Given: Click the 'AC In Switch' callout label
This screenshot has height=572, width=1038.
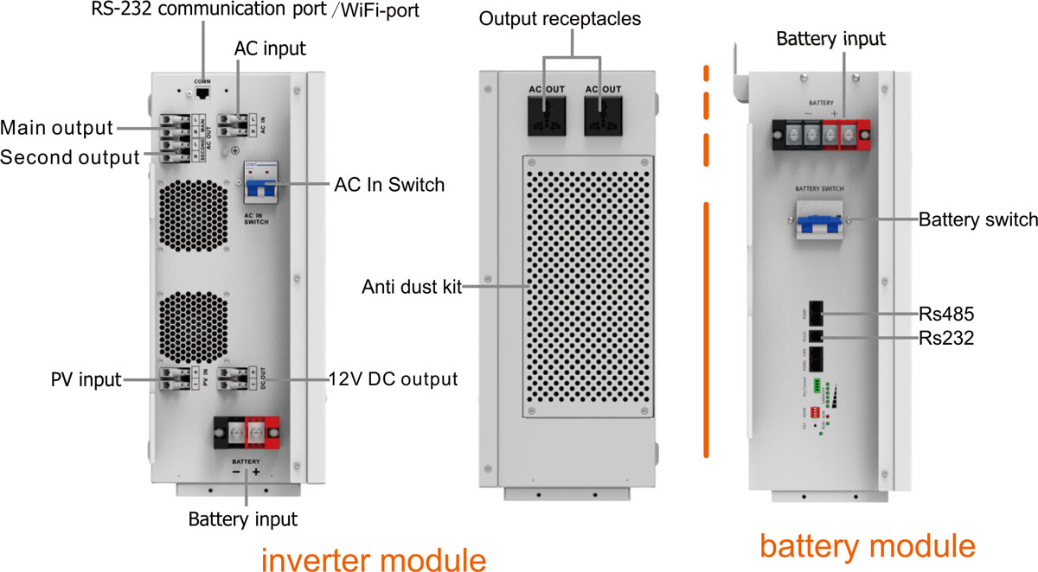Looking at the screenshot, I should pos(389,185).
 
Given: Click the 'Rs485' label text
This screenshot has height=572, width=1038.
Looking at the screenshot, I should pos(946,313).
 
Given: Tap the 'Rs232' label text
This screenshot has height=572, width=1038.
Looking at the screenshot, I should pos(946,339).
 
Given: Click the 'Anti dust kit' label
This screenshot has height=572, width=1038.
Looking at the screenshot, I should pos(411,287).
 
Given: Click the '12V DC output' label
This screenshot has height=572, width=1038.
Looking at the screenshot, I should pos(394,378).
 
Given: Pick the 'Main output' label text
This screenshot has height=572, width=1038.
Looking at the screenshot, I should pos(57,129).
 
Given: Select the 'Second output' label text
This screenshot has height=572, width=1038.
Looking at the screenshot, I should pos(69,157).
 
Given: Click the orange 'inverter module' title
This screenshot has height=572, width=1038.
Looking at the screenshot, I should pos(374,558).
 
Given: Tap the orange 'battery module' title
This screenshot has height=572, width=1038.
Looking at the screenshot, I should pos(867,545).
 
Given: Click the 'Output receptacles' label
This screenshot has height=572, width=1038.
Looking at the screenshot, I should pos(574,18).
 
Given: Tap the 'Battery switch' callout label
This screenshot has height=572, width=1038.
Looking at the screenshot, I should pos(977,219).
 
